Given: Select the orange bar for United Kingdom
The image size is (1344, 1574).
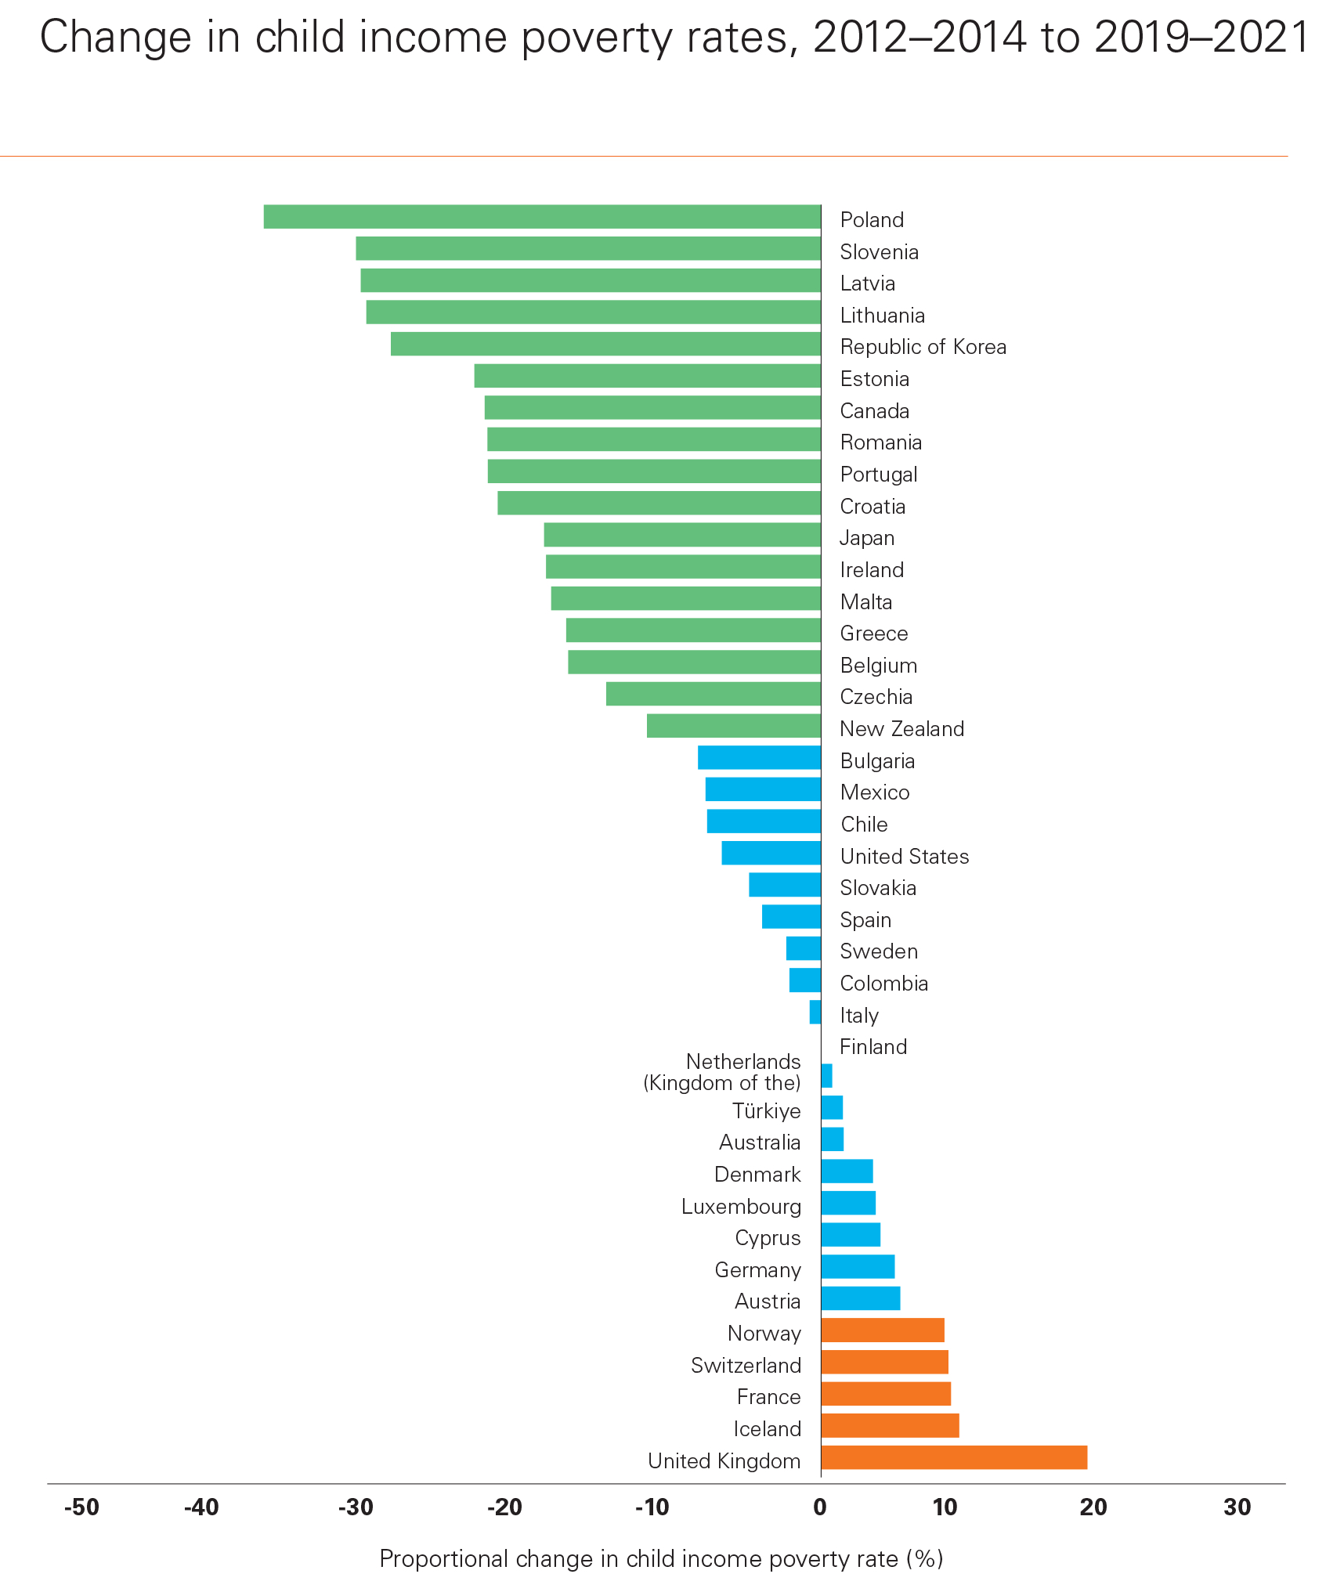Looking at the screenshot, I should click(954, 1457).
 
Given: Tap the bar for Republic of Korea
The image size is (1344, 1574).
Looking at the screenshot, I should click(605, 344).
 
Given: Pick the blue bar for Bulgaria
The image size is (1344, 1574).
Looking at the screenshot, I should click(759, 758).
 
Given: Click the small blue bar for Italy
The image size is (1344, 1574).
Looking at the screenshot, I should click(815, 1012).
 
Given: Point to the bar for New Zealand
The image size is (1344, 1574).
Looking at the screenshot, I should click(734, 726).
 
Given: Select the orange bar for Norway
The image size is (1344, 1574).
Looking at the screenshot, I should click(883, 1330).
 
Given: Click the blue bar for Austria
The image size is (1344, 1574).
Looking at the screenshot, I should click(861, 1298).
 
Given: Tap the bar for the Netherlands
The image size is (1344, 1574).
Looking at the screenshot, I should click(826, 1076).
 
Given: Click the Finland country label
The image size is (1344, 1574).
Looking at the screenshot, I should click(873, 1047).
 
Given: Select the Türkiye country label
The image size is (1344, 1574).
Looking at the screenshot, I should click(766, 1111).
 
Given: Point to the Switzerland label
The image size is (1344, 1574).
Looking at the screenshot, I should click(746, 1366).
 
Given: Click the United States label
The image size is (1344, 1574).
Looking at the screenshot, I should click(905, 857).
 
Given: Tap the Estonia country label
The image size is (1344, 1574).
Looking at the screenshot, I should click(874, 379).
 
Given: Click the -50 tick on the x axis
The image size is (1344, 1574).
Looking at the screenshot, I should click(81, 1507).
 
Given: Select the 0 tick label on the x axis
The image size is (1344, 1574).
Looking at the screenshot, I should click(820, 1507).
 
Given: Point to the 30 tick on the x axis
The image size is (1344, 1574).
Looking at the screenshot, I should click(1237, 1507).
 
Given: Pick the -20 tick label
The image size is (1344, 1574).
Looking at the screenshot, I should click(504, 1507).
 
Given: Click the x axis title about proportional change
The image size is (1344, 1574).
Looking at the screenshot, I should click(661, 1558).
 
